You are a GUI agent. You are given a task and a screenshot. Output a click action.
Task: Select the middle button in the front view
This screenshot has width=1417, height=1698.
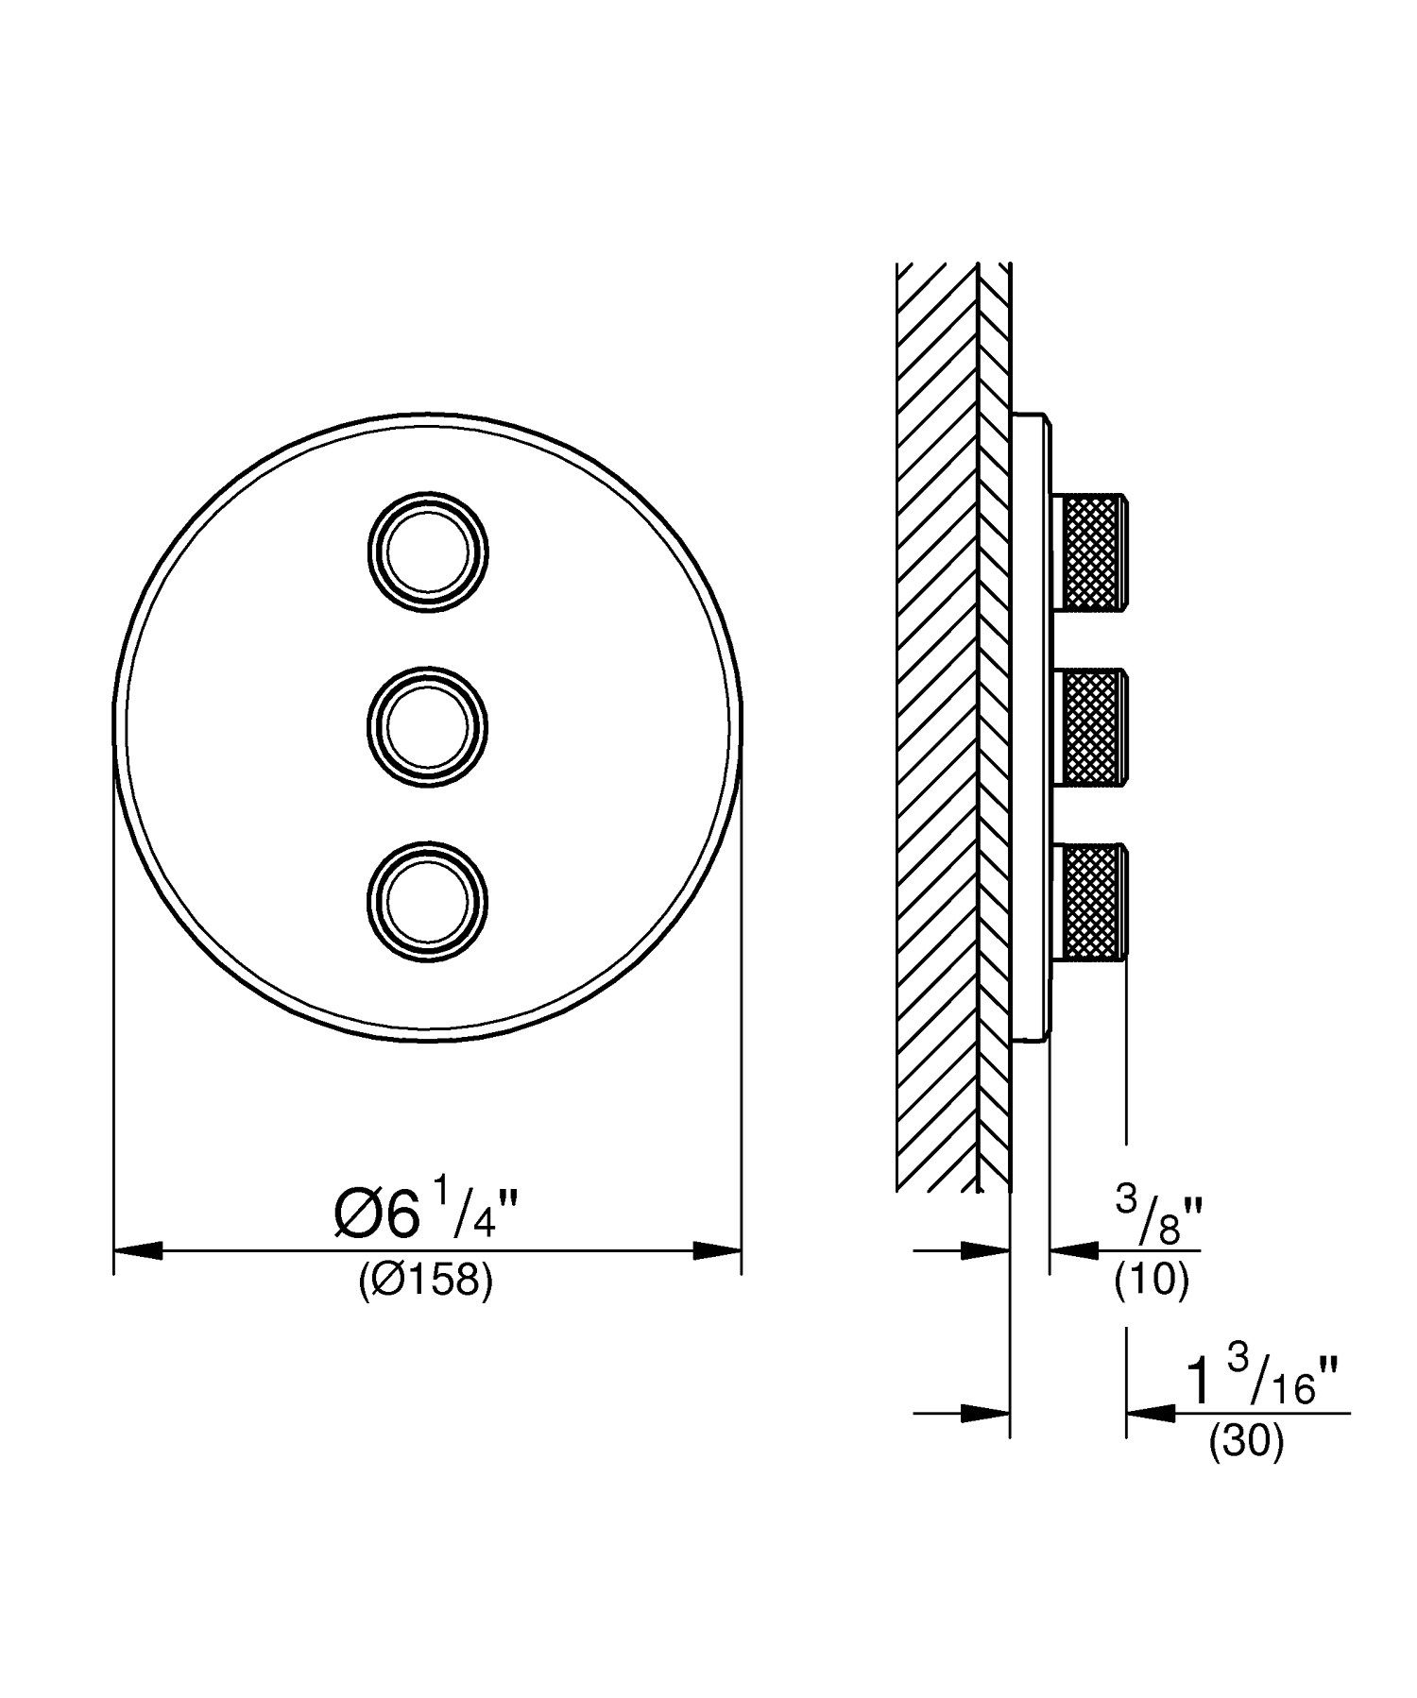(x=428, y=724)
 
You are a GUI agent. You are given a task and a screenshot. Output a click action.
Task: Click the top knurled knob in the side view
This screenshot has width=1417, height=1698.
(x=1093, y=552)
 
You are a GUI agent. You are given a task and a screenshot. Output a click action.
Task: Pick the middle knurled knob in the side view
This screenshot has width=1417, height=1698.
(x=1093, y=726)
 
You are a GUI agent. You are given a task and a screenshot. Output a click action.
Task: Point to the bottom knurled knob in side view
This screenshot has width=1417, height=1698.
(x=1093, y=900)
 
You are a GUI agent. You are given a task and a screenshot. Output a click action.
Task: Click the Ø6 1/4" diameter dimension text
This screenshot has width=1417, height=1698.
(x=426, y=1215)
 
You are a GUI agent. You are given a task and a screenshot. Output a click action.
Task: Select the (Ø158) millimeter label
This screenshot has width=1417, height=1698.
(x=426, y=1282)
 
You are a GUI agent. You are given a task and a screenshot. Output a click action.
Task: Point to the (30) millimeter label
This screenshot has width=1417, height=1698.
(x=1246, y=1443)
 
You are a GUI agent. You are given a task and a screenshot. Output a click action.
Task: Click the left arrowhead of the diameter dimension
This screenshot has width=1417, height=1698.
(x=137, y=1251)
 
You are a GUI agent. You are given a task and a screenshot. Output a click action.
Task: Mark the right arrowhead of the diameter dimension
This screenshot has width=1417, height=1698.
(x=717, y=1251)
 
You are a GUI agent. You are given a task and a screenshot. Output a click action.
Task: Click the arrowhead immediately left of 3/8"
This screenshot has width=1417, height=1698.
(x=1072, y=1251)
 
